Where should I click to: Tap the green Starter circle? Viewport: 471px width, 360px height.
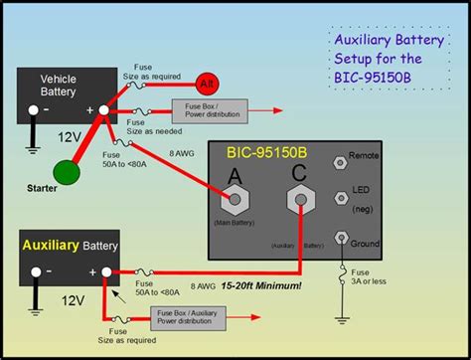coord(66,172)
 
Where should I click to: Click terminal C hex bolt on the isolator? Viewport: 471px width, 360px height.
coord(299,201)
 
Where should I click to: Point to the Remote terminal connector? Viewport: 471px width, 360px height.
coord(342,159)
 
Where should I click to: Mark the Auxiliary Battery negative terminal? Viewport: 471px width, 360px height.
coord(36,270)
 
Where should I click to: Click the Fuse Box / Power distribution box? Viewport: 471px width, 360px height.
coord(203,110)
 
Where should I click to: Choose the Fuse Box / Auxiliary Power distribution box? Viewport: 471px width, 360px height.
coord(187,318)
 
